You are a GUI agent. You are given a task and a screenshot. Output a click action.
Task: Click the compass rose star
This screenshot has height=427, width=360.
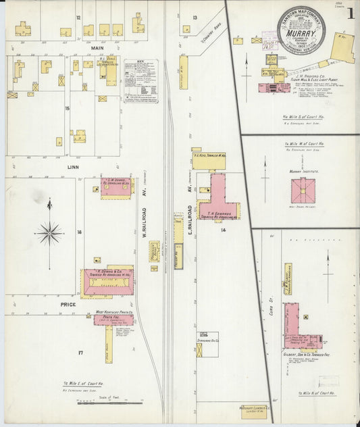pos(49,234)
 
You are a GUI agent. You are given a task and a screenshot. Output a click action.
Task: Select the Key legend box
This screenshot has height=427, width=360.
pos(141,80)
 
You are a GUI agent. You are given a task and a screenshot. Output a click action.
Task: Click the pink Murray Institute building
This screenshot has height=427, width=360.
pos(303,191)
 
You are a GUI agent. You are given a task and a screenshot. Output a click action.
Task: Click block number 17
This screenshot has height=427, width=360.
pos(80,353)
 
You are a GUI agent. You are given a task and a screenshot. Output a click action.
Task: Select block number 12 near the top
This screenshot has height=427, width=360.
pos(78,17)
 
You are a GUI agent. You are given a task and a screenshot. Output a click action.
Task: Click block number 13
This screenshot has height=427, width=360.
pos(195,17)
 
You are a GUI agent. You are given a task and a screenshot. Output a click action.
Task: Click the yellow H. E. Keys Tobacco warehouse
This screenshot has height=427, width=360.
pos(208,159)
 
